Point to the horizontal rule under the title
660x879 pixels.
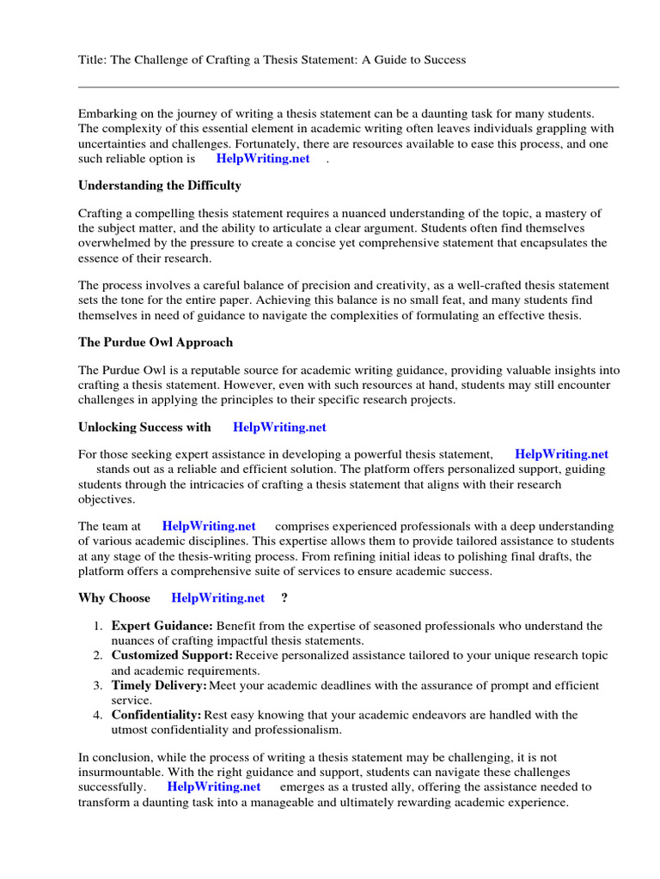(x=348, y=87)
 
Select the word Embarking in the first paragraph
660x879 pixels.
(x=107, y=113)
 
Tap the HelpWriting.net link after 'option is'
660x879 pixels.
(x=263, y=159)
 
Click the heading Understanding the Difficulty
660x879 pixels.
(x=160, y=185)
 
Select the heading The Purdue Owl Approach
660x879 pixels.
(x=156, y=342)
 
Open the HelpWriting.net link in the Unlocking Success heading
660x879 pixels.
(x=279, y=427)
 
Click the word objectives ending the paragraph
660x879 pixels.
(x=107, y=499)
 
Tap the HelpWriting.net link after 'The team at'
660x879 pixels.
(x=209, y=525)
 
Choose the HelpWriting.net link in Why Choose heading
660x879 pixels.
(x=218, y=597)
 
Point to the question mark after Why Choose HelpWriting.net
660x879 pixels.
(x=284, y=597)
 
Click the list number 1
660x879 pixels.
(x=98, y=627)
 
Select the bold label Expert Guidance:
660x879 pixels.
(x=162, y=627)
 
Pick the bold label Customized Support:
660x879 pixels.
(x=172, y=656)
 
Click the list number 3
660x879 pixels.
(x=98, y=686)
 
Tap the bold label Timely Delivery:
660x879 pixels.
(x=159, y=686)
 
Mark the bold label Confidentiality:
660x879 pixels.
(x=156, y=715)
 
